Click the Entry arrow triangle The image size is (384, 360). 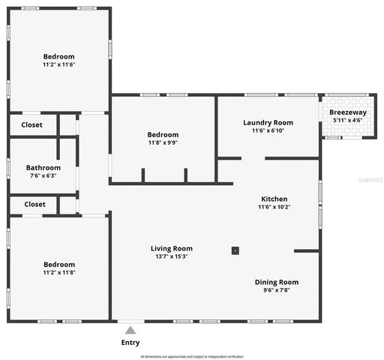point(130,329)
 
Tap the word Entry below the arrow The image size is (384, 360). point(130,343)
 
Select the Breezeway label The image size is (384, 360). point(348,112)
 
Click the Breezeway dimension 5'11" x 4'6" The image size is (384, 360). point(348,120)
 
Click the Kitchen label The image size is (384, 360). point(274,199)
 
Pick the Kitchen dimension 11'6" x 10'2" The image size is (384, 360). point(274,207)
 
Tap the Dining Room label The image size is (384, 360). point(276,282)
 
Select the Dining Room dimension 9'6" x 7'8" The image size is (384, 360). point(276,290)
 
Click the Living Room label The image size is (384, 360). point(172,248)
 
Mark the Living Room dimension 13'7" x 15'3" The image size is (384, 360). point(172,256)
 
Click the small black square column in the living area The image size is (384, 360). point(235,250)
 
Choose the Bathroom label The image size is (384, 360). point(43,168)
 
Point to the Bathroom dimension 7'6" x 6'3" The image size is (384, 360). point(43,175)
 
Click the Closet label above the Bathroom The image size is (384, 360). point(32,125)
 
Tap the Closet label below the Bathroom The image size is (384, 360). point(34,204)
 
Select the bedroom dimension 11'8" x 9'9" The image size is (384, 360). point(162,142)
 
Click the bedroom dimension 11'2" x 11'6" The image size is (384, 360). point(58,64)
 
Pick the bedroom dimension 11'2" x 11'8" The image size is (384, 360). point(58,272)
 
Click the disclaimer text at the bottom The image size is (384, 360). point(192,356)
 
